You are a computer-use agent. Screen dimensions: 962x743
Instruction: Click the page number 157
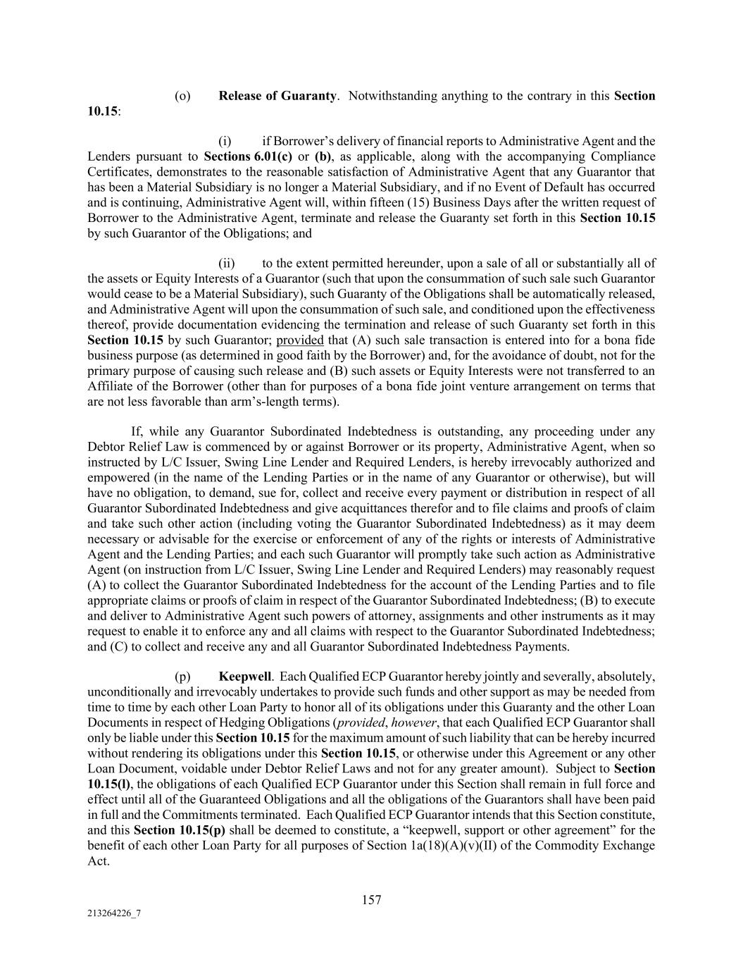pyautogui.click(x=371, y=900)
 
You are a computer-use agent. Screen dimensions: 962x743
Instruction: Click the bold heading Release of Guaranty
pyautogui.click(x=277, y=96)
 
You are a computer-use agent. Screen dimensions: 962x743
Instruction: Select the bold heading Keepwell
pyautogui.click(x=244, y=677)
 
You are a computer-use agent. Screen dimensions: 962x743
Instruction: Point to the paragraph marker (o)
pyautogui.click(x=182, y=96)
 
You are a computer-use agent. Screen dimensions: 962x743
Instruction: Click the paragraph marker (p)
pyautogui.click(x=182, y=677)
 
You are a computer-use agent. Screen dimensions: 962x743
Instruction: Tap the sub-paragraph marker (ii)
pyautogui.click(x=227, y=264)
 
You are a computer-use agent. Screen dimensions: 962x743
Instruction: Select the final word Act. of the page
pyautogui.click(x=99, y=861)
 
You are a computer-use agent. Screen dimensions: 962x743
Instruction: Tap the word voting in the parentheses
pyautogui.click(x=337, y=524)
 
